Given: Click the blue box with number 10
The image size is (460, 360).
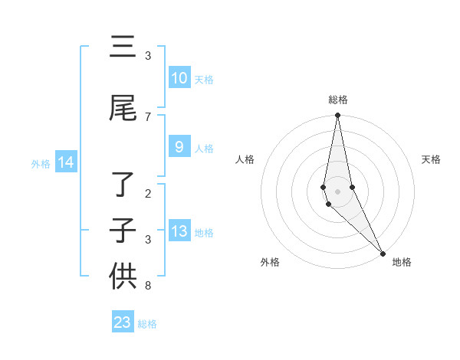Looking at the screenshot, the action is (x=179, y=78).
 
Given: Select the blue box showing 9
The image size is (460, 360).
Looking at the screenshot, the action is (x=179, y=147).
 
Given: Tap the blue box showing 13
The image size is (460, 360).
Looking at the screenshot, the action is (x=179, y=231).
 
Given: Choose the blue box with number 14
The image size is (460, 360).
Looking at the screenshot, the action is (x=66, y=162).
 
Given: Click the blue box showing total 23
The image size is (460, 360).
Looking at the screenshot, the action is (x=123, y=322).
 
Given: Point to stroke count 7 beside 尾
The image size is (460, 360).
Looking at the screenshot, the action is (x=148, y=117).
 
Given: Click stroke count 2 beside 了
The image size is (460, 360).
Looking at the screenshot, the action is (x=148, y=194).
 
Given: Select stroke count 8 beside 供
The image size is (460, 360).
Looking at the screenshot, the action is (x=148, y=286).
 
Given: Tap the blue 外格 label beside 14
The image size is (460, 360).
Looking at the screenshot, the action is (x=40, y=163).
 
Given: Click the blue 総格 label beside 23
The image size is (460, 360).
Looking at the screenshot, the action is (x=147, y=324).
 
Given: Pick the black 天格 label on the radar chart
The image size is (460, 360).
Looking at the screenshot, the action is (x=432, y=159).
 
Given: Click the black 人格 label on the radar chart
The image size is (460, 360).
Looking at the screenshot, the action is (x=245, y=159).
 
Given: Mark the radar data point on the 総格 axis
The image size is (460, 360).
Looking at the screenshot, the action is (x=337, y=116).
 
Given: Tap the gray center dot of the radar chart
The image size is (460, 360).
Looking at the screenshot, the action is (x=337, y=191).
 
